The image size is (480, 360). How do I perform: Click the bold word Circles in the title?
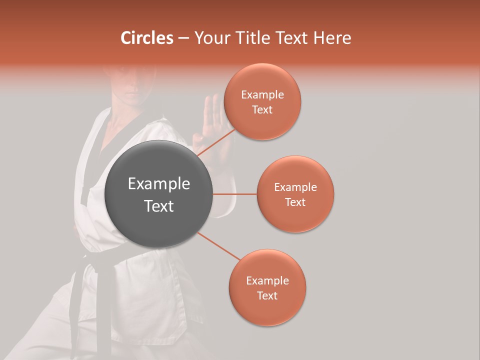pos(147,38)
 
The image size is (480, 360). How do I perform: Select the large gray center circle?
pos(159,194)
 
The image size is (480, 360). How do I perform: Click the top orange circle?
pos(262,101)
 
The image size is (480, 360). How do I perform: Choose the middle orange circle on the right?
pos(295,194)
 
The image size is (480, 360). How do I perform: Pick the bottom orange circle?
pos(267,287)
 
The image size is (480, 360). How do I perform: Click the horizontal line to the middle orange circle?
pos(235,194)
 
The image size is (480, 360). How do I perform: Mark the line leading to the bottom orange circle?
pos(219,246)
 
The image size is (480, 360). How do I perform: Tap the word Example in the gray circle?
pos(159,184)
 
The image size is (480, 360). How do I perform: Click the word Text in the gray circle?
pos(159,206)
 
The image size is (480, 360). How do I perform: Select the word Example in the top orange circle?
pos(262,95)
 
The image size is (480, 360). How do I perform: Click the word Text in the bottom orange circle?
pos(267,295)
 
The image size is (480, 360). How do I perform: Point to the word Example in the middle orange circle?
pos(295,187)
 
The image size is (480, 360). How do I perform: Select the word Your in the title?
pos(210,38)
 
